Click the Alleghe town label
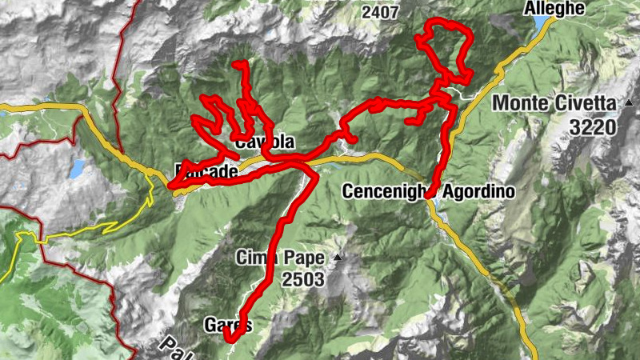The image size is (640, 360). (x=555, y=9)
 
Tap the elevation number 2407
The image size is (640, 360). (x=380, y=13)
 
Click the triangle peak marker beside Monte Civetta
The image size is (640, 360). (x=629, y=102)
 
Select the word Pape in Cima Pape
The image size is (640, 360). (x=303, y=258)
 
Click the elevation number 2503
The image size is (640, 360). (x=302, y=279)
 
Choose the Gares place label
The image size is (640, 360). (x=228, y=326)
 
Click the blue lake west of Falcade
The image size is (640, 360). (x=77, y=169)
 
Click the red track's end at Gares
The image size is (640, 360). (x=229, y=339)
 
